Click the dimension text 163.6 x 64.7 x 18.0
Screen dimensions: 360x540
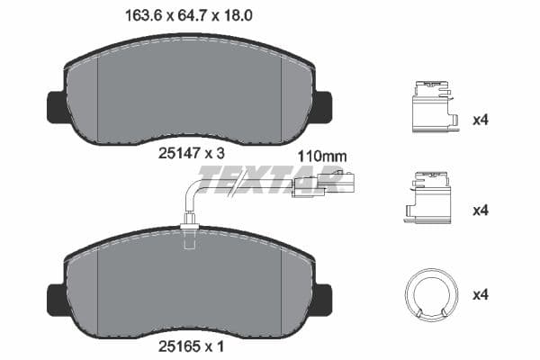[187, 15]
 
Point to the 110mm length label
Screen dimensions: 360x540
[321, 155]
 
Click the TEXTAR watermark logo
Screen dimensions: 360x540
[270, 180]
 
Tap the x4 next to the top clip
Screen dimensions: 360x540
[481, 120]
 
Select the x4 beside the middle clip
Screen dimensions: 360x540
[481, 210]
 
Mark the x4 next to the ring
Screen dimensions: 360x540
[481, 293]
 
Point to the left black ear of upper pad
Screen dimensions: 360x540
[55, 107]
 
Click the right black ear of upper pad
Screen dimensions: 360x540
[321, 107]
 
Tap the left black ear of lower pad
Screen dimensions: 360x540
[55, 298]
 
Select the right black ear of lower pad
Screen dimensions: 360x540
[321, 298]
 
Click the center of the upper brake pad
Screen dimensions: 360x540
[188, 94]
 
